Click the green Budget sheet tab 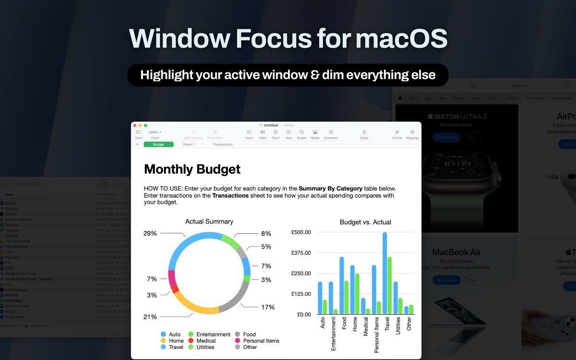[158, 144]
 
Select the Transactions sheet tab [223, 144]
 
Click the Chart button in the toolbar [276, 134]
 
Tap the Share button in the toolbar [364, 134]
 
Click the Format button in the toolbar [397, 134]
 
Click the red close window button [135, 125]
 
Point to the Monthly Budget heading [192, 169]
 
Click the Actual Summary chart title [209, 222]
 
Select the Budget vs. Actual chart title [365, 222]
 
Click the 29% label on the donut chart [150, 233]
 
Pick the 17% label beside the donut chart [268, 307]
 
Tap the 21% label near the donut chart [150, 317]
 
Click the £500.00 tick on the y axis [301, 232]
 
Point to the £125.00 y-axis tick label [301, 294]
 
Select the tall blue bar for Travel [385, 274]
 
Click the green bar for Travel [390, 286]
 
